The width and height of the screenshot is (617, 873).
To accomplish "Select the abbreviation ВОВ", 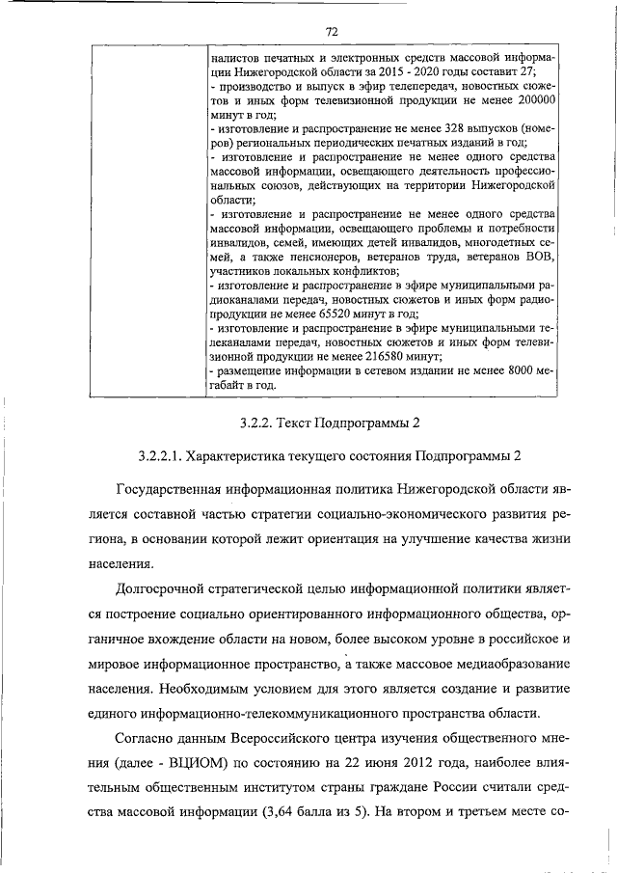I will click(529, 258).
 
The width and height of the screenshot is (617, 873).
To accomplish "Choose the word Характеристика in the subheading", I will click(249, 453).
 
